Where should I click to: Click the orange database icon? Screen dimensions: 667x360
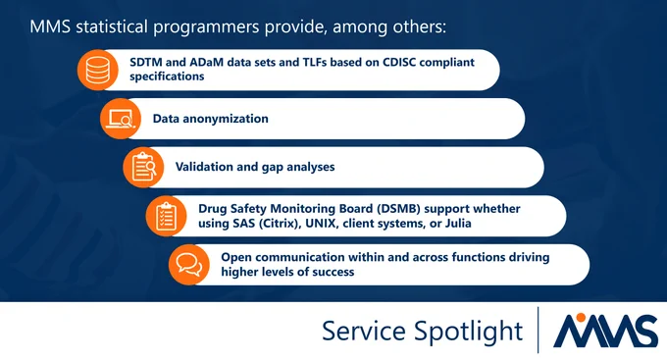97,70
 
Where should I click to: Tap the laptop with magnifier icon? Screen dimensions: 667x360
121,119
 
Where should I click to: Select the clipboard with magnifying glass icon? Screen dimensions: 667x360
143,167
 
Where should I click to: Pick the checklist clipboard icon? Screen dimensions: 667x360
166,216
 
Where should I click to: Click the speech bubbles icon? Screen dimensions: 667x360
189,265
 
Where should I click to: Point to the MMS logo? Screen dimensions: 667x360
605,331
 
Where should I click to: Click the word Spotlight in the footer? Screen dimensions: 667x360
468,332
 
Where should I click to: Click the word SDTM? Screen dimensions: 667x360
145,62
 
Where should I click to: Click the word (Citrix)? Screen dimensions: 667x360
279,224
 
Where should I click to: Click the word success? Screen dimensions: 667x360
333,272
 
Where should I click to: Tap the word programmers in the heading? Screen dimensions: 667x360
206,27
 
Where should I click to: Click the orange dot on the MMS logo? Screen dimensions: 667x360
581,317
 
